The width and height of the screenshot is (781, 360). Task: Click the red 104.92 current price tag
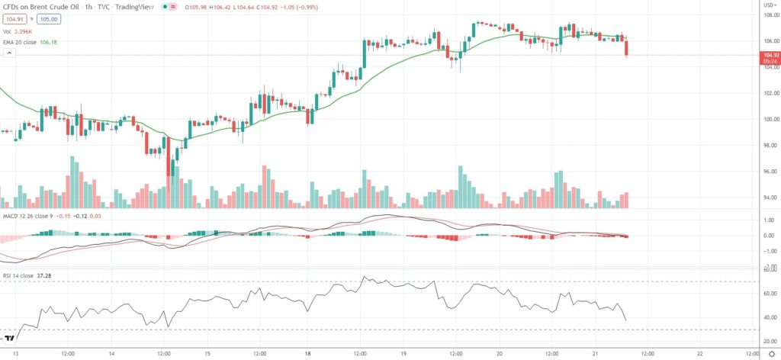click(x=771, y=55)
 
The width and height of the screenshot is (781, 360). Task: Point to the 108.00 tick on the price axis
click(x=771, y=14)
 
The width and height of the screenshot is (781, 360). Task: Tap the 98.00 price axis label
click(x=770, y=146)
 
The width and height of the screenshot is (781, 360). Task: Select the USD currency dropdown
click(x=771, y=4)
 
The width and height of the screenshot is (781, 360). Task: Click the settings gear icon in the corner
click(x=771, y=353)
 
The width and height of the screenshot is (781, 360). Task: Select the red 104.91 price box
click(x=14, y=18)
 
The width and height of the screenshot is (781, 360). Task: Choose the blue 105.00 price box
click(x=49, y=18)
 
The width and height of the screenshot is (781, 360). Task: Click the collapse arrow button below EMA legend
click(x=9, y=53)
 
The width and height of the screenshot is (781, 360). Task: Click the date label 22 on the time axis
click(x=699, y=353)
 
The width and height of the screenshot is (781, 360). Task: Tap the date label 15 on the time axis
click(x=207, y=353)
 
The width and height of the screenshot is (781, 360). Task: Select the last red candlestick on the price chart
click(x=626, y=47)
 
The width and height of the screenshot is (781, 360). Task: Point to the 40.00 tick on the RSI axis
click(x=771, y=317)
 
